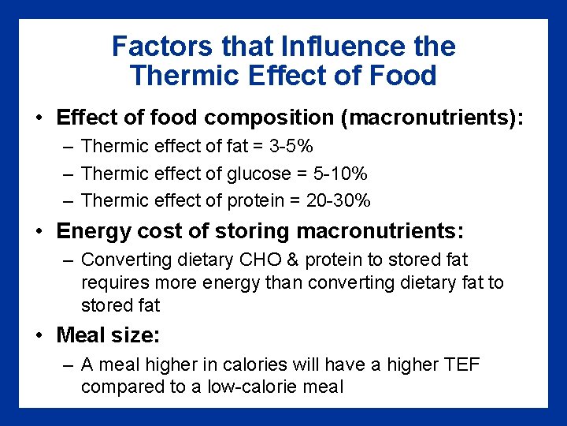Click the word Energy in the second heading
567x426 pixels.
(x=89, y=231)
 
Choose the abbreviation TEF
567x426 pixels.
(x=461, y=365)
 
